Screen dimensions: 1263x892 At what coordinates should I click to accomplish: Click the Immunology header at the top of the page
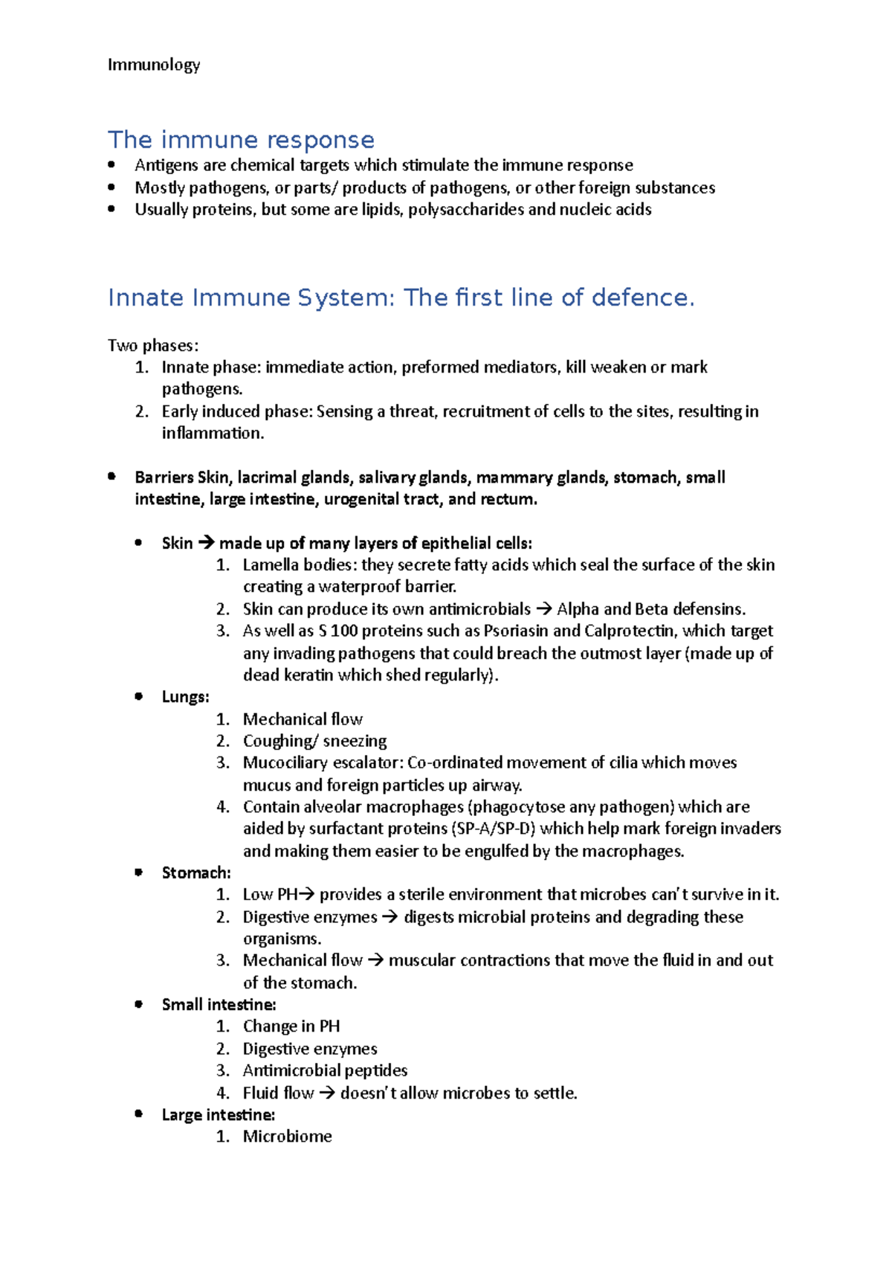154,65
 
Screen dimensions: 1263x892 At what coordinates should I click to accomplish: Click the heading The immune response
241,140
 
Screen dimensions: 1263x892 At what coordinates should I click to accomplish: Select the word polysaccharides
465,210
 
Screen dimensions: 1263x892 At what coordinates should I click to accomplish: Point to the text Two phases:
153,345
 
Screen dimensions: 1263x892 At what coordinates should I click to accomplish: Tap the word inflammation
211,434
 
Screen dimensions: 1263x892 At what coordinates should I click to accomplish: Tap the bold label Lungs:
185,697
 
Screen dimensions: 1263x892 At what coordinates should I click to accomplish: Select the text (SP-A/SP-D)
493,829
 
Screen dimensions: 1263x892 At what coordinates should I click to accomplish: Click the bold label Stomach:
196,872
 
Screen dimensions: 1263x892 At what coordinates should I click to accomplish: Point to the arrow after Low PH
307,895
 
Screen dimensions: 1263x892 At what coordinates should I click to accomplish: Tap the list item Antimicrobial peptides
325,1070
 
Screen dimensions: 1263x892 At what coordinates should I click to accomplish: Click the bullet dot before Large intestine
138,1113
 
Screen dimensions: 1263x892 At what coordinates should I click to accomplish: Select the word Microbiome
287,1137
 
